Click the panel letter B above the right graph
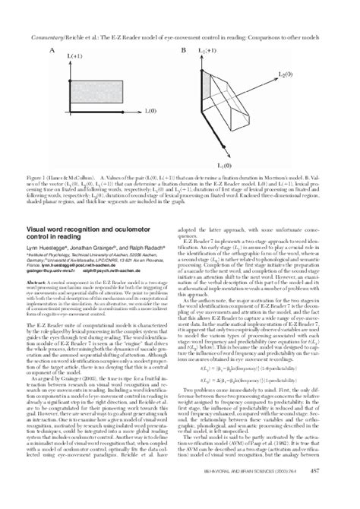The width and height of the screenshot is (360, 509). click(x=183, y=50)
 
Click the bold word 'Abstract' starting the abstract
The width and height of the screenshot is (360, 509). click(x=40, y=280)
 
